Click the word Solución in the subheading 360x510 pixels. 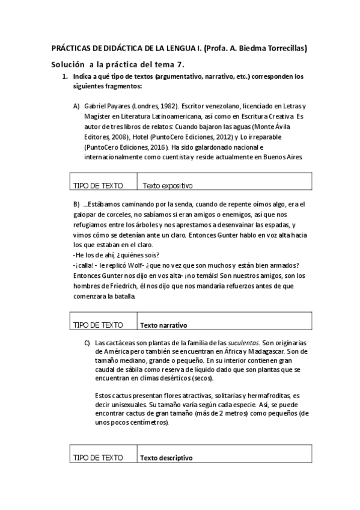coord(68,64)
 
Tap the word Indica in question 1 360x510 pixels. coord(82,78)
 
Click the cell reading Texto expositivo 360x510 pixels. coord(167,186)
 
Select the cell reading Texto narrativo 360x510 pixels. coord(163,325)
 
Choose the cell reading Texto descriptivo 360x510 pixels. coord(166,458)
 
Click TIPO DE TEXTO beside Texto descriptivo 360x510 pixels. coord(97,458)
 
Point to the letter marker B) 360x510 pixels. coord(76,203)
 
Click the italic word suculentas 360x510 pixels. coord(243,342)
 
